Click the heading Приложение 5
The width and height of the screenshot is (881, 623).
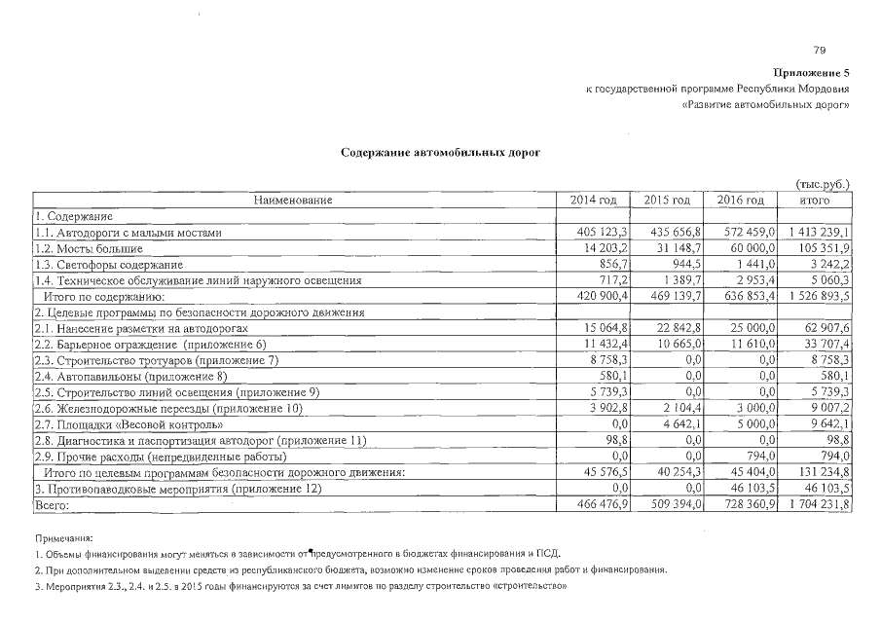coord(812,73)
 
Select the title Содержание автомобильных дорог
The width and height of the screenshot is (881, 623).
coord(440,153)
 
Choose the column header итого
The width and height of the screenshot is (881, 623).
coord(814,201)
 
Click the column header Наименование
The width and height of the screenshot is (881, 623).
coord(293,201)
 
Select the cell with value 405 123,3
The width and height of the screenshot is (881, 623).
coord(605,233)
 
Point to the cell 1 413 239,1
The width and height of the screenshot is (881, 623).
coord(817,233)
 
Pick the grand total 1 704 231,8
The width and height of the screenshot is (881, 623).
coord(817,504)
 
